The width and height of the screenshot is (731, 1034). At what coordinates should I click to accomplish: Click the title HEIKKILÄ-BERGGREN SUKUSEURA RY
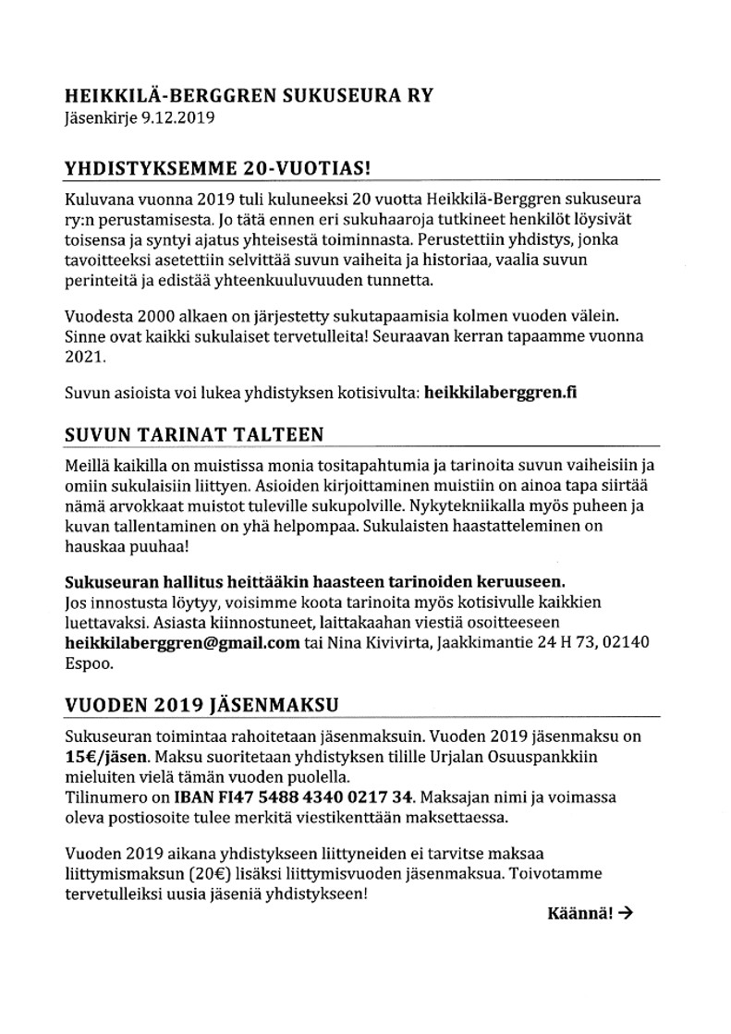point(249,95)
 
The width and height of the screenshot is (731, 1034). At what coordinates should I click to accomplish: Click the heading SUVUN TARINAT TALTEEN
point(194,435)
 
